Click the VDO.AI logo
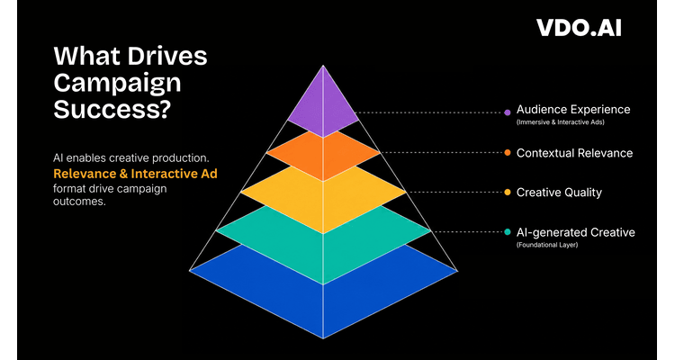click(x=579, y=28)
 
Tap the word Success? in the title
click(x=112, y=109)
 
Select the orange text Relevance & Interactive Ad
click(x=135, y=174)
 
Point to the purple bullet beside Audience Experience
click(x=508, y=112)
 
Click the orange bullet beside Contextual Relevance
click(x=508, y=152)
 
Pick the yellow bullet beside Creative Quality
click(x=508, y=193)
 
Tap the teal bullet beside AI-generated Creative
click(x=508, y=232)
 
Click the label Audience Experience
click(x=573, y=110)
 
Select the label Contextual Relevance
click(x=575, y=153)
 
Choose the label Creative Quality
click(x=559, y=193)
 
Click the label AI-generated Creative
click(x=576, y=232)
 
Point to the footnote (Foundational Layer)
click(x=547, y=245)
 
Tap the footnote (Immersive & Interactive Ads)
click(x=561, y=122)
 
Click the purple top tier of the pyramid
click(x=323, y=105)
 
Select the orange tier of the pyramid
click(x=323, y=155)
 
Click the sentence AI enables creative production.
click(x=131, y=158)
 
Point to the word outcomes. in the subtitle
click(x=79, y=202)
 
